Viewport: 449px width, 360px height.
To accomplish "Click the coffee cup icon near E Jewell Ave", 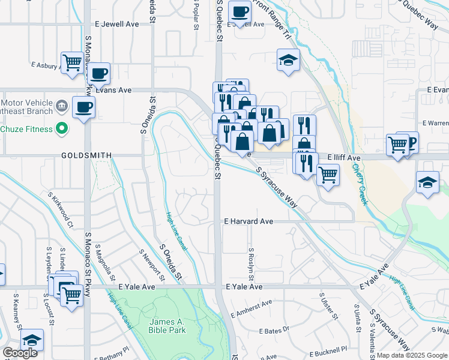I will click(x=240, y=12).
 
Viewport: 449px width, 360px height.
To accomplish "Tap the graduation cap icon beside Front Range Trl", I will click(x=288, y=60).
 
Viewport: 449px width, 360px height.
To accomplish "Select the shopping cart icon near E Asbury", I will click(x=72, y=62).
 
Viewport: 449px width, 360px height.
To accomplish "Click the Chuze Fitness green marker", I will click(x=61, y=128).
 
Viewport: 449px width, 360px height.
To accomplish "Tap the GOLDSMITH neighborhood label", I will click(x=86, y=155).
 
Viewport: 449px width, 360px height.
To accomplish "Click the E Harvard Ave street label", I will click(x=249, y=221).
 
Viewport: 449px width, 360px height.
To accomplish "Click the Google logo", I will click(x=20, y=353).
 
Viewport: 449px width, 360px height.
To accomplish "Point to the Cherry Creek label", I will click(x=360, y=184).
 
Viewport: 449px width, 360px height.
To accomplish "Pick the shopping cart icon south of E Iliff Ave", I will click(x=328, y=175).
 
